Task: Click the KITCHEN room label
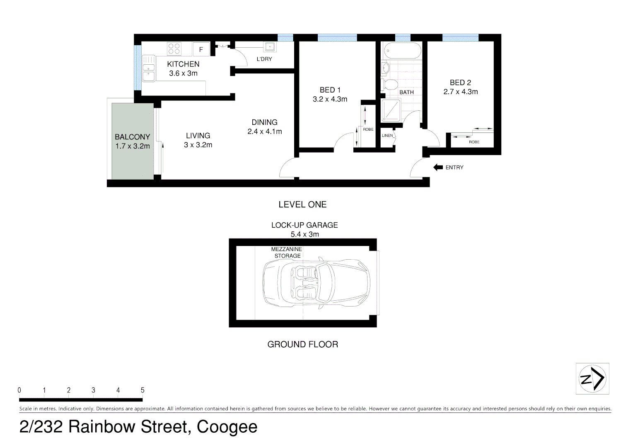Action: [183, 64]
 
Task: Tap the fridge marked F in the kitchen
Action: [201, 49]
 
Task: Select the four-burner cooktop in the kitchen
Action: [174, 49]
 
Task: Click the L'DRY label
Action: [264, 59]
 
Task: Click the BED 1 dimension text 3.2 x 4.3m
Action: [330, 99]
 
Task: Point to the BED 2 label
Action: [460, 83]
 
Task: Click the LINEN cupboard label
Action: [387, 136]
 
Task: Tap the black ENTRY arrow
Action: [438, 167]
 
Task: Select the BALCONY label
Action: [132, 137]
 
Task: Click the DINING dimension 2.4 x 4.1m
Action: [264, 131]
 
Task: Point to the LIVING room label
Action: [198, 136]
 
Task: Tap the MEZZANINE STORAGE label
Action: [287, 252]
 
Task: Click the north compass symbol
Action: [592, 378]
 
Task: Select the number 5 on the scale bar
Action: [143, 390]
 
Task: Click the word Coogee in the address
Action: [227, 427]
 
